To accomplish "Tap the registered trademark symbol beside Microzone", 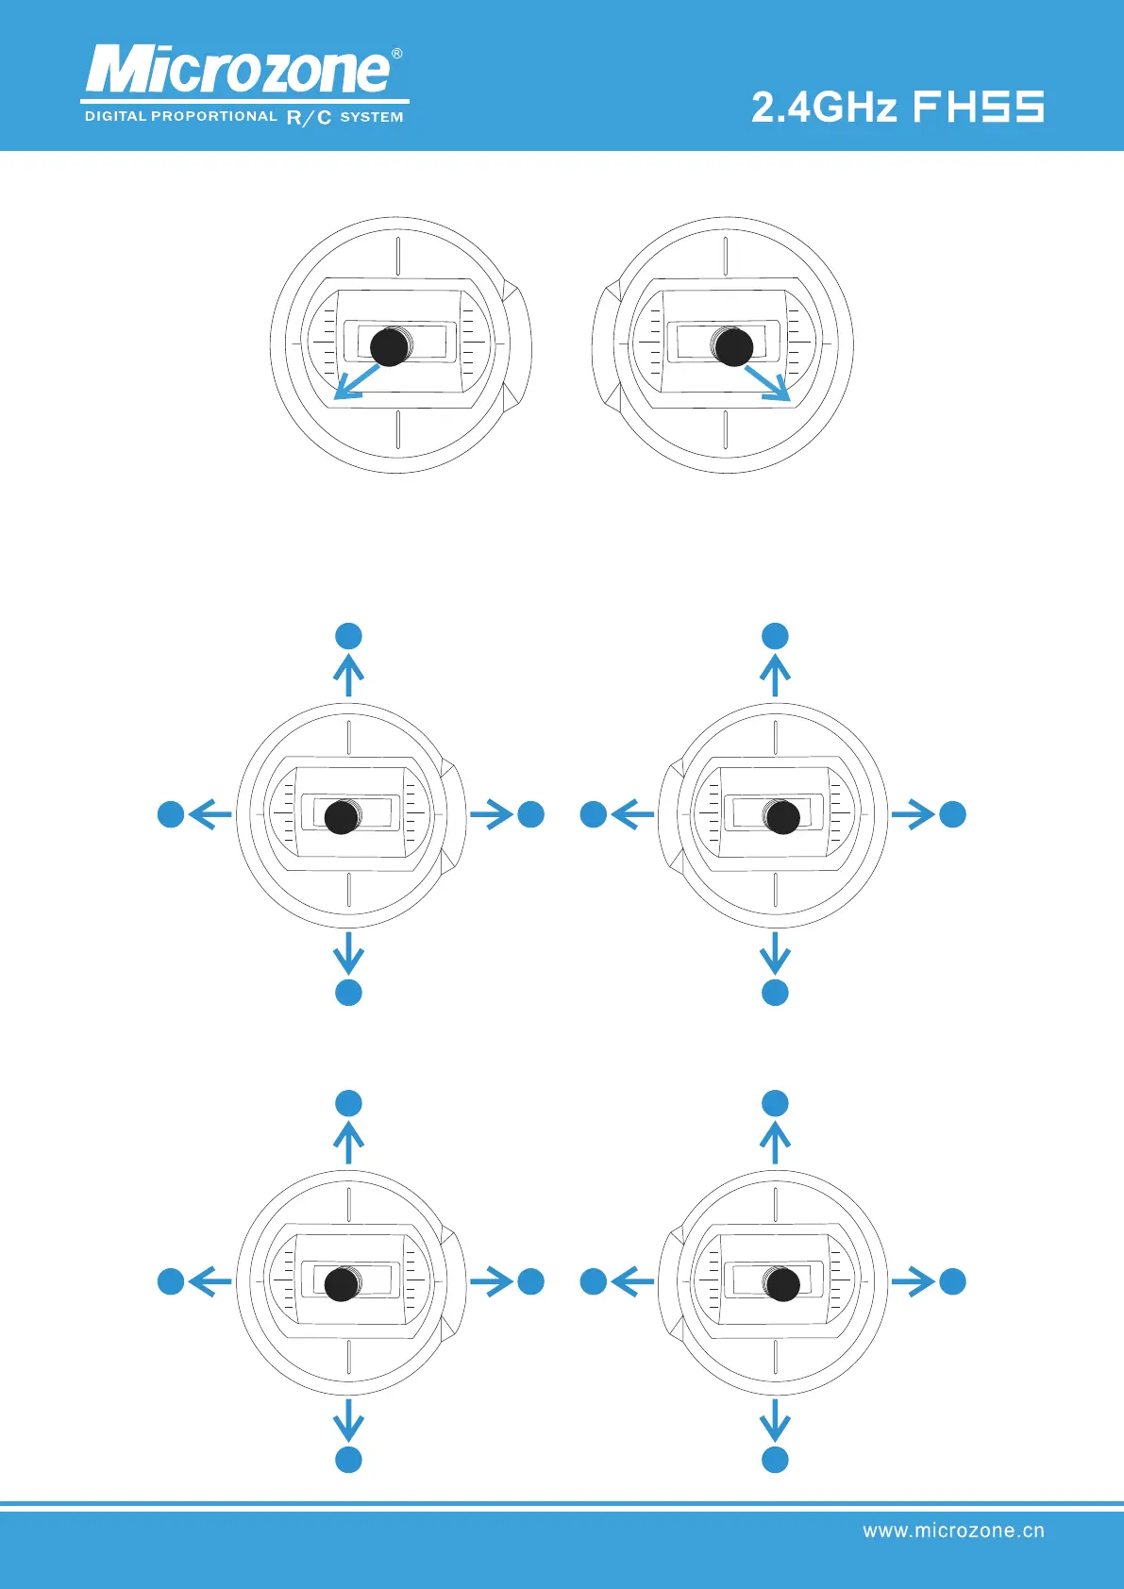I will click(x=397, y=54).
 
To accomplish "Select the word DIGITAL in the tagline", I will click(x=116, y=116).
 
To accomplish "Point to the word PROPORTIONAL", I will click(x=213, y=116).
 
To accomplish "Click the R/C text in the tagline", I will click(x=309, y=118).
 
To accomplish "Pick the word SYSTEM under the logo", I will click(x=372, y=117).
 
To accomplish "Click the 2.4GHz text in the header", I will click(x=823, y=107).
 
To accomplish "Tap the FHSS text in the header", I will click(x=979, y=107).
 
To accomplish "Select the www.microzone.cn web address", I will click(x=953, y=1530).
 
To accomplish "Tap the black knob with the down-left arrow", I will click(x=389, y=347).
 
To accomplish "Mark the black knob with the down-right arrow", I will click(x=733, y=347).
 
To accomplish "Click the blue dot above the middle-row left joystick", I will click(x=349, y=636).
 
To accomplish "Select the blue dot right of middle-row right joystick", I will click(x=953, y=814).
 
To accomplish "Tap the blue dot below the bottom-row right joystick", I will click(x=775, y=1460).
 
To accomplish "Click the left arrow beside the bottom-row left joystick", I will click(x=210, y=1281).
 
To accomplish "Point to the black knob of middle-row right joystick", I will click(x=782, y=817).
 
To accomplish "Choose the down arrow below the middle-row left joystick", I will click(x=349, y=953).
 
